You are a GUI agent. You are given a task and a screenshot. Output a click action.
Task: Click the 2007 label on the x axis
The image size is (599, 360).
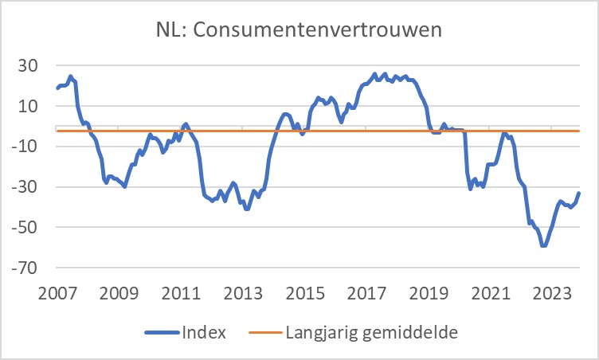coord(57,292)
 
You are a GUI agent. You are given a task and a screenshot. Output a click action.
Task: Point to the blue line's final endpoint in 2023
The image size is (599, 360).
coord(579,193)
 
